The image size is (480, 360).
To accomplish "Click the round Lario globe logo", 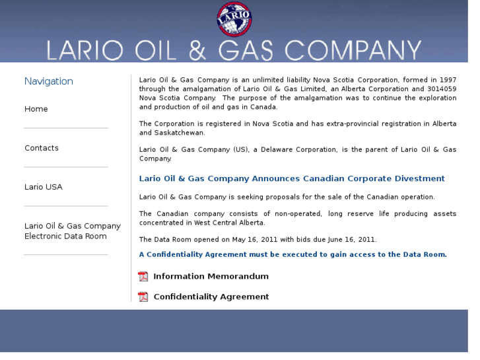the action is (x=234, y=19).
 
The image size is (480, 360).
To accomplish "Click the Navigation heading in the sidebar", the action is (x=49, y=81).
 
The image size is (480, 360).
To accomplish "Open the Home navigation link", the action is (x=36, y=109).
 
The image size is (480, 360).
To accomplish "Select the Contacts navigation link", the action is (x=42, y=148).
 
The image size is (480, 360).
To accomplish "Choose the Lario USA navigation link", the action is (x=44, y=187).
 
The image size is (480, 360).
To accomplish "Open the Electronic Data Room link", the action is (x=73, y=231).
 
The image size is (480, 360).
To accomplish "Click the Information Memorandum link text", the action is (x=211, y=276).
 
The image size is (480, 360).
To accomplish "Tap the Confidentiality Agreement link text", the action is (x=211, y=297).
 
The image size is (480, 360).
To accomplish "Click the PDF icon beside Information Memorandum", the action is (x=143, y=276).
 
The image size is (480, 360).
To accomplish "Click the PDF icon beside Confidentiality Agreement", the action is (x=143, y=297).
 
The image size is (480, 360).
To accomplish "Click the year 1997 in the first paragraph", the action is (x=447, y=80).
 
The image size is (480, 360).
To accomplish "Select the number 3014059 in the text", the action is (x=442, y=89).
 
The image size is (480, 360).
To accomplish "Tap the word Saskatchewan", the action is (x=163, y=133).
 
